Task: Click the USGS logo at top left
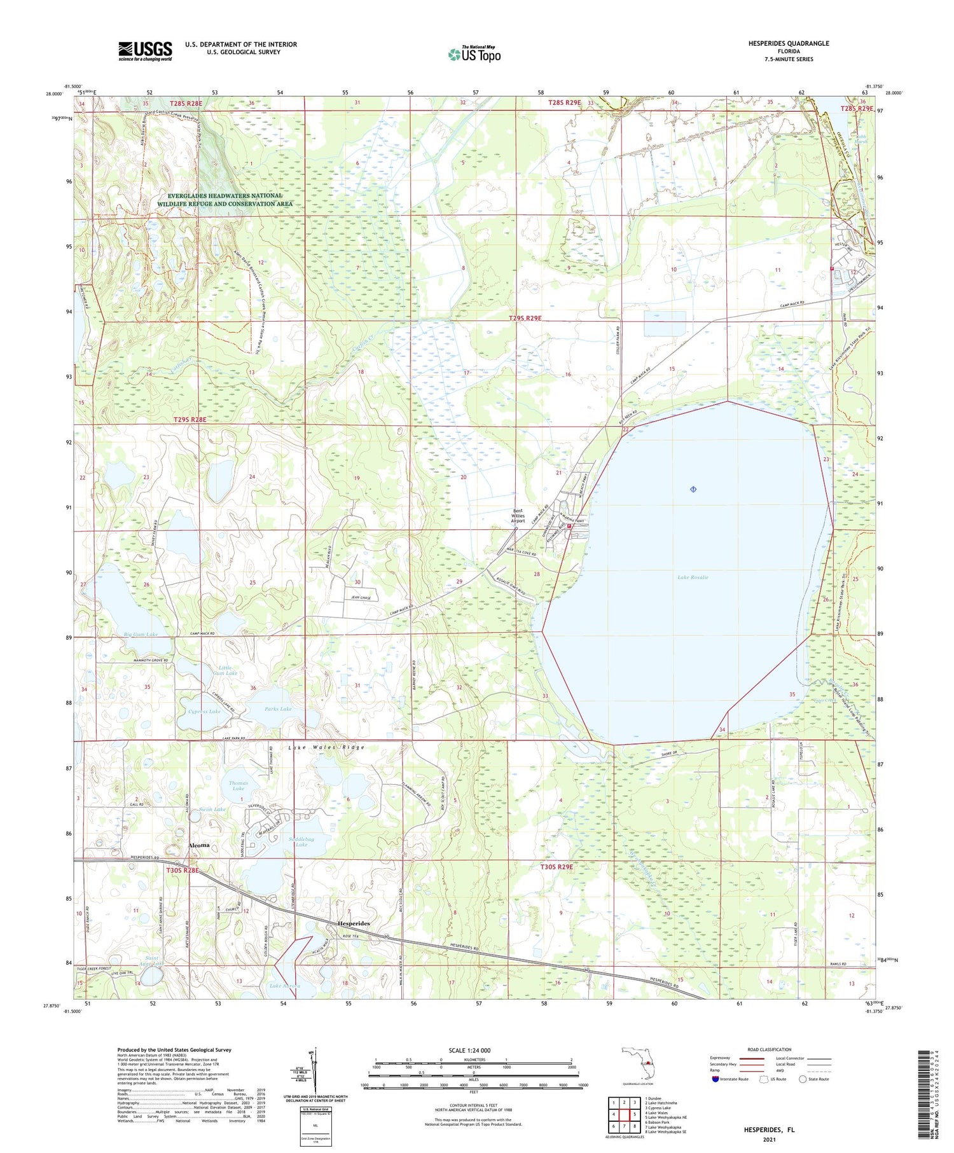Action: pos(145,51)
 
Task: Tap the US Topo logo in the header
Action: pos(474,55)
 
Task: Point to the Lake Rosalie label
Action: pos(693,577)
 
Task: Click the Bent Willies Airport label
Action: pos(518,516)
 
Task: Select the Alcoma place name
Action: pos(199,845)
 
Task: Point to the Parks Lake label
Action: pos(278,708)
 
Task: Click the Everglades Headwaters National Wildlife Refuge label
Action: pos(225,200)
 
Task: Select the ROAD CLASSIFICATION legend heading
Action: pos(770,1049)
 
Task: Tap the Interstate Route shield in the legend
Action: pos(715,1079)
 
